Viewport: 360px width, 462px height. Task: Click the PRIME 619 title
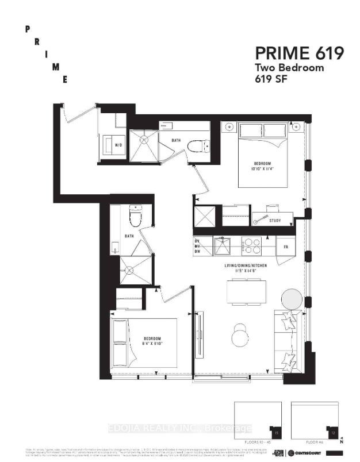click(x=300, y=54)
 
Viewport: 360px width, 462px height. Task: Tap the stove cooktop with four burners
click(x=251, y=245)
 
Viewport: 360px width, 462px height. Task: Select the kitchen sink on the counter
click(x=221, y=246)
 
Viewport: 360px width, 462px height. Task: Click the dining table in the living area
click(x=246, y=291)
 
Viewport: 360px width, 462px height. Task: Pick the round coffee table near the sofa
click(x=240, y=334)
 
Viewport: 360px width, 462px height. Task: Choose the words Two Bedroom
click(x=289, y=68)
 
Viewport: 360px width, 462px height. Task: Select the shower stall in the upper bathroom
click(x=143, y=146)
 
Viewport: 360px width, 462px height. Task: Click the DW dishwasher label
click(x=197, y=252)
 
